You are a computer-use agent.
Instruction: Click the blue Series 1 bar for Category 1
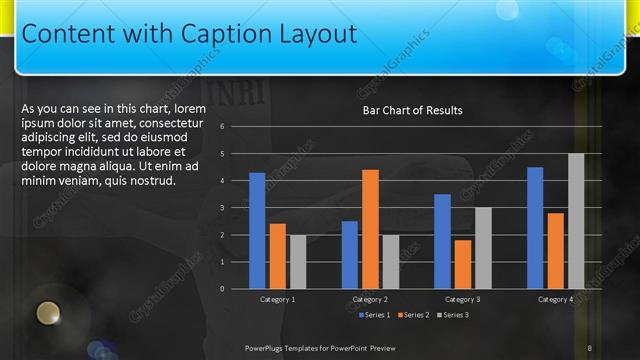[x=257, y=230]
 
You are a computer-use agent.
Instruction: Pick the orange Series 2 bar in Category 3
[x=463, y=263]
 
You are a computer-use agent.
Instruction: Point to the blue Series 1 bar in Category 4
[x=535, y=227]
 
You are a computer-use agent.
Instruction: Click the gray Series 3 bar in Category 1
[x=298, y=261]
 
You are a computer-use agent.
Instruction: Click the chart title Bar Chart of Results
[x=412, y=111]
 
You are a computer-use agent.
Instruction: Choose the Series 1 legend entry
[x=375, y=315]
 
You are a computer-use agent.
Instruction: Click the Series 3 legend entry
[x=452, y=315]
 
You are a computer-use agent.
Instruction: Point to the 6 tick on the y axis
[x=236, y=127]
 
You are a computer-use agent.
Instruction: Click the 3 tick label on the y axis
[x=236, y=208]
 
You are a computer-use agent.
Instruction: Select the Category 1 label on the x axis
[x=277, y=299]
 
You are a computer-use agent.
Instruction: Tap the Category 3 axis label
[x=463, y=299]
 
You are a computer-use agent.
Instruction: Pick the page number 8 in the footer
[x=590, y=347]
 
